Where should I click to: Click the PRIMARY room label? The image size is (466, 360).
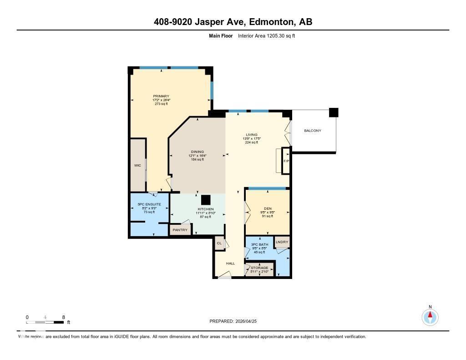pos(161,96)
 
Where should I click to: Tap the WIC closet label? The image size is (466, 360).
pos(137,166)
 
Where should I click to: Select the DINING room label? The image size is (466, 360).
pos(198,152)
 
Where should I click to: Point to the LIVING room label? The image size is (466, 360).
pos(252,135)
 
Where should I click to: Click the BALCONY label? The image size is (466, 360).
pos(313,131)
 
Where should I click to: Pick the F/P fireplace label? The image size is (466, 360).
pos(286,161)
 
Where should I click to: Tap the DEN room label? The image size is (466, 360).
pos(268,209)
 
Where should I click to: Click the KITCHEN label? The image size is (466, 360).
pos(206,209)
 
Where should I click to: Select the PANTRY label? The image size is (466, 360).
pos(180,230)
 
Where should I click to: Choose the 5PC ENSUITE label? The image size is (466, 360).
pos(149,204)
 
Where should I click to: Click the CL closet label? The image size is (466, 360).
pos(219,243)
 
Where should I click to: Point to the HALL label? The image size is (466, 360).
pos(231,264)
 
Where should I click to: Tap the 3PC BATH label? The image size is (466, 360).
pos(259,245)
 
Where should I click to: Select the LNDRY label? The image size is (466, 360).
pos(282,242)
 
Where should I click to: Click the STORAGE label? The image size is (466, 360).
pos(260,268)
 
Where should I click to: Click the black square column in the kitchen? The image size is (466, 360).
pos(206,199)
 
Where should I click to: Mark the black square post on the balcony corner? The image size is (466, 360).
pos(334,112)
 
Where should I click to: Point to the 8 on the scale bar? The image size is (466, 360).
pos(63,317)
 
